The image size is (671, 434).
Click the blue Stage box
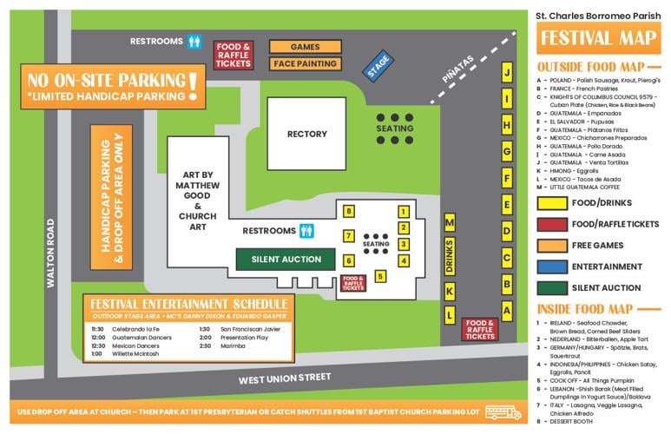click(x=378, y=67)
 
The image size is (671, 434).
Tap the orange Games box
click(x=305, y=47)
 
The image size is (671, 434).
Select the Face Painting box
click(x=305, y=63)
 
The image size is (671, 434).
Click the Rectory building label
click(x=307, y=134)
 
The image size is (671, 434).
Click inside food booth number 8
click(x=349, y=211)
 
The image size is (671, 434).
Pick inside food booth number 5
click(x=379, y=277)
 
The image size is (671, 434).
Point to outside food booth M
click(x=450, y=223)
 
